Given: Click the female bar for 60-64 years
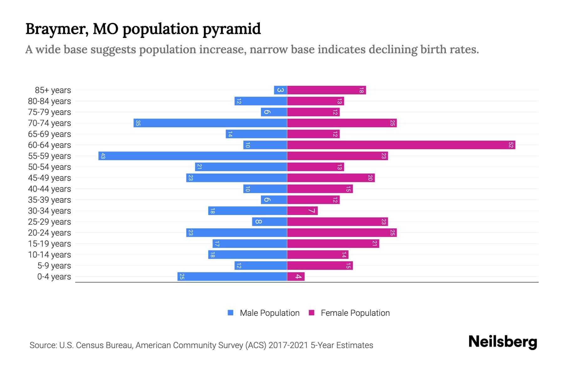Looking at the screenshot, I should coord(401,145).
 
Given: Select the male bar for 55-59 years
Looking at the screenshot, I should coord(193,156).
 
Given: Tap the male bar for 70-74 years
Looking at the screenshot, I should coord(210,123).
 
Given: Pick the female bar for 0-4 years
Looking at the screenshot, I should coord(296,277).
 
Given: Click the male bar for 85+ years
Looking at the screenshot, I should coord(280,90).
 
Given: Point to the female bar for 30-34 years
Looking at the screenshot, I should coord(302,211).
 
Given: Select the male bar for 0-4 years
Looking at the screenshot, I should coord(232,277).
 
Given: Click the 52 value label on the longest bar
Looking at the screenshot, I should coord(511,145).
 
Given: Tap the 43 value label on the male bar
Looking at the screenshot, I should coord(103,156).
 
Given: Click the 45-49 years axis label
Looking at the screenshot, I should coord(50,178).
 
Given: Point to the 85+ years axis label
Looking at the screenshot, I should coord(53,90).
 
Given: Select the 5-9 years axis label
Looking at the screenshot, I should coord(54,266).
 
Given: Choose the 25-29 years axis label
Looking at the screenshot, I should coord(50,222).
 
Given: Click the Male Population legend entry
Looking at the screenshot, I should coord(269,313).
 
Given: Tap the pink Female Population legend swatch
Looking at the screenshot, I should coord(311,313).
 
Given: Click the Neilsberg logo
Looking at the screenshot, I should coord(503,342).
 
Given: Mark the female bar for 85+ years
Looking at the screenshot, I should coord(326,90).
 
